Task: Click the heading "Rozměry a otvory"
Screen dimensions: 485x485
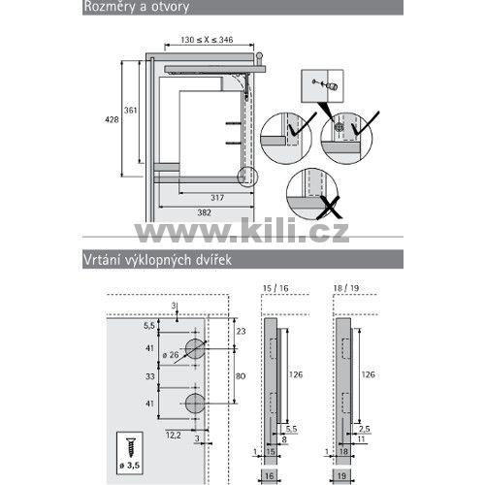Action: (137, 7)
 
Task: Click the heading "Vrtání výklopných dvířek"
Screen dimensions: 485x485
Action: (157, 260)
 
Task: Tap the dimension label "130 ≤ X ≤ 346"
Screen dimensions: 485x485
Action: (207, 40)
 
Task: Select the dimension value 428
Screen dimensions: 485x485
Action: (112, 119)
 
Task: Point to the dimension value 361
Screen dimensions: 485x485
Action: (131, 111)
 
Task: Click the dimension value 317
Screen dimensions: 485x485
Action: (217, 198)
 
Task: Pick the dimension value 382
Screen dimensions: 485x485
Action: (204, 212)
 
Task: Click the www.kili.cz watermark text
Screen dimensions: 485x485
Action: (242, 230)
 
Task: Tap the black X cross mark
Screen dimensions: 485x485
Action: (329, 208)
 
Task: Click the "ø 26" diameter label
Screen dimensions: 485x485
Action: (171, 355)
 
